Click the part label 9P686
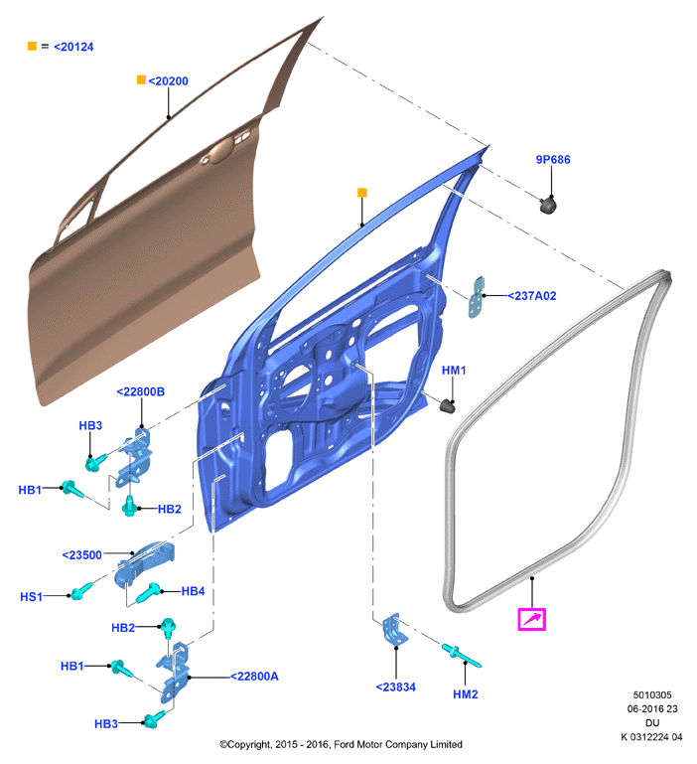tap(553, 159)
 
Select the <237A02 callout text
tap(532, 296)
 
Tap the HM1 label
tap(454, 371)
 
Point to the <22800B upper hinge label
tap(141, 391)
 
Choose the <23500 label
tap(81, 555)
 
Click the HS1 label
tap(31, 596)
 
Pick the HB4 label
tap(193, 591)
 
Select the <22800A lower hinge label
tap(254, 677)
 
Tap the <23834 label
tap(396, 688)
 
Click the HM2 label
tap(465, 694)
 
